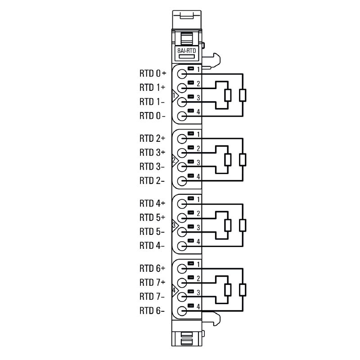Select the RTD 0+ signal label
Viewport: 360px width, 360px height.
point(153,73)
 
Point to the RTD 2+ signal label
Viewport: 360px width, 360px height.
point(153,138)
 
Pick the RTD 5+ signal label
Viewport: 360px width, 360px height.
point(153,217)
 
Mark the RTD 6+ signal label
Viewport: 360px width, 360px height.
point(153,269)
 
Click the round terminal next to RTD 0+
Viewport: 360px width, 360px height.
point(182,74)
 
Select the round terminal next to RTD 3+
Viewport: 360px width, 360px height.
point(182,153)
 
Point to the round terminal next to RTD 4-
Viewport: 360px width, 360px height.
point(182,246)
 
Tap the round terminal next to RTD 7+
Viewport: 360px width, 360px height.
point(182,283)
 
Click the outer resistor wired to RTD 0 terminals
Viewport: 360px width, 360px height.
point(243,95)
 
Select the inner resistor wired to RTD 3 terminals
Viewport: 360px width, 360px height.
point(228,160)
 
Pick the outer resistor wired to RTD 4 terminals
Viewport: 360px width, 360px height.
point(243,225)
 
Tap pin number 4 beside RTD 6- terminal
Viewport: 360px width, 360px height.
point(198,306)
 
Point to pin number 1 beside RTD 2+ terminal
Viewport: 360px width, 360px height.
point(198,134)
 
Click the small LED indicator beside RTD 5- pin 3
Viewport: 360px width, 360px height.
point(191,227)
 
